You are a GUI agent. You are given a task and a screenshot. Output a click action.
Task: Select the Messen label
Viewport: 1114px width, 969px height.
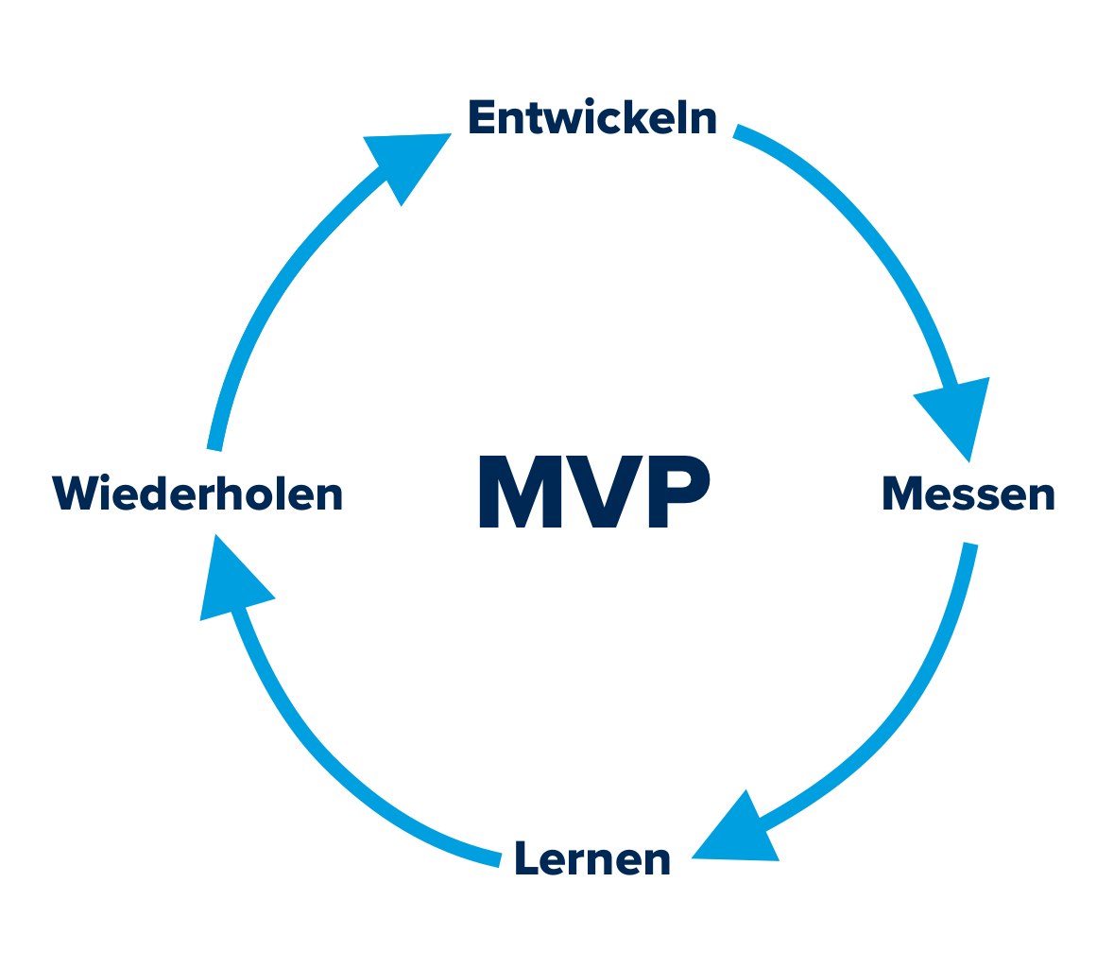pos(968,494)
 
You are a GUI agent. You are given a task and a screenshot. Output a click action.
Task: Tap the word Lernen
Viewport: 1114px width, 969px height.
pos(592,859)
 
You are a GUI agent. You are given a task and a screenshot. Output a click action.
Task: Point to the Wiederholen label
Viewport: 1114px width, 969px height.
pos(197,494)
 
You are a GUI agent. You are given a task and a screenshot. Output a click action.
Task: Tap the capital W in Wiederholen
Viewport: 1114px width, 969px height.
pos(75,494)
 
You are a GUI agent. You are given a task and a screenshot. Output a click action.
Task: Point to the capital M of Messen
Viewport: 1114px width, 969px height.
pos(902,494)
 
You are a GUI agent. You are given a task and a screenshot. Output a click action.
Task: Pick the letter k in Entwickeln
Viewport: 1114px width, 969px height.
pos(643,119)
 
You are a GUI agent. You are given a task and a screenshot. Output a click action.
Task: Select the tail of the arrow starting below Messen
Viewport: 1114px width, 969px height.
pos(969,548)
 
